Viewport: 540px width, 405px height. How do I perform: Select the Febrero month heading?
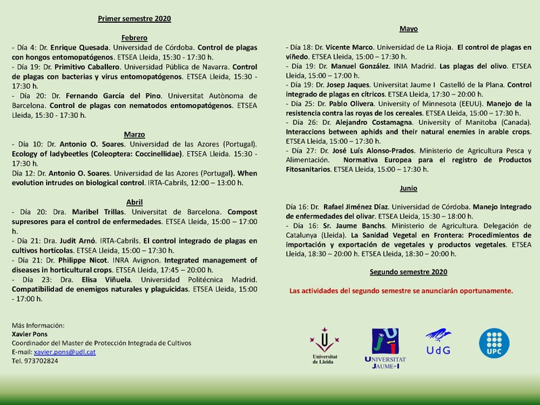[134, 38]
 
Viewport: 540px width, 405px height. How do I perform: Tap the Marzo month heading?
[134, 134]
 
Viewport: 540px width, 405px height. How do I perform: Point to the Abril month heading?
[134, 202]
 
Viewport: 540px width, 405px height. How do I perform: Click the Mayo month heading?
[408, 29]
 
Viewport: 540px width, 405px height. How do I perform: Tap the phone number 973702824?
[40, 361]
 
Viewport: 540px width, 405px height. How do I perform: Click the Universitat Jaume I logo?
[385, 348]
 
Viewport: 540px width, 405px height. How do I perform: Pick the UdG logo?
[437, 344]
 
